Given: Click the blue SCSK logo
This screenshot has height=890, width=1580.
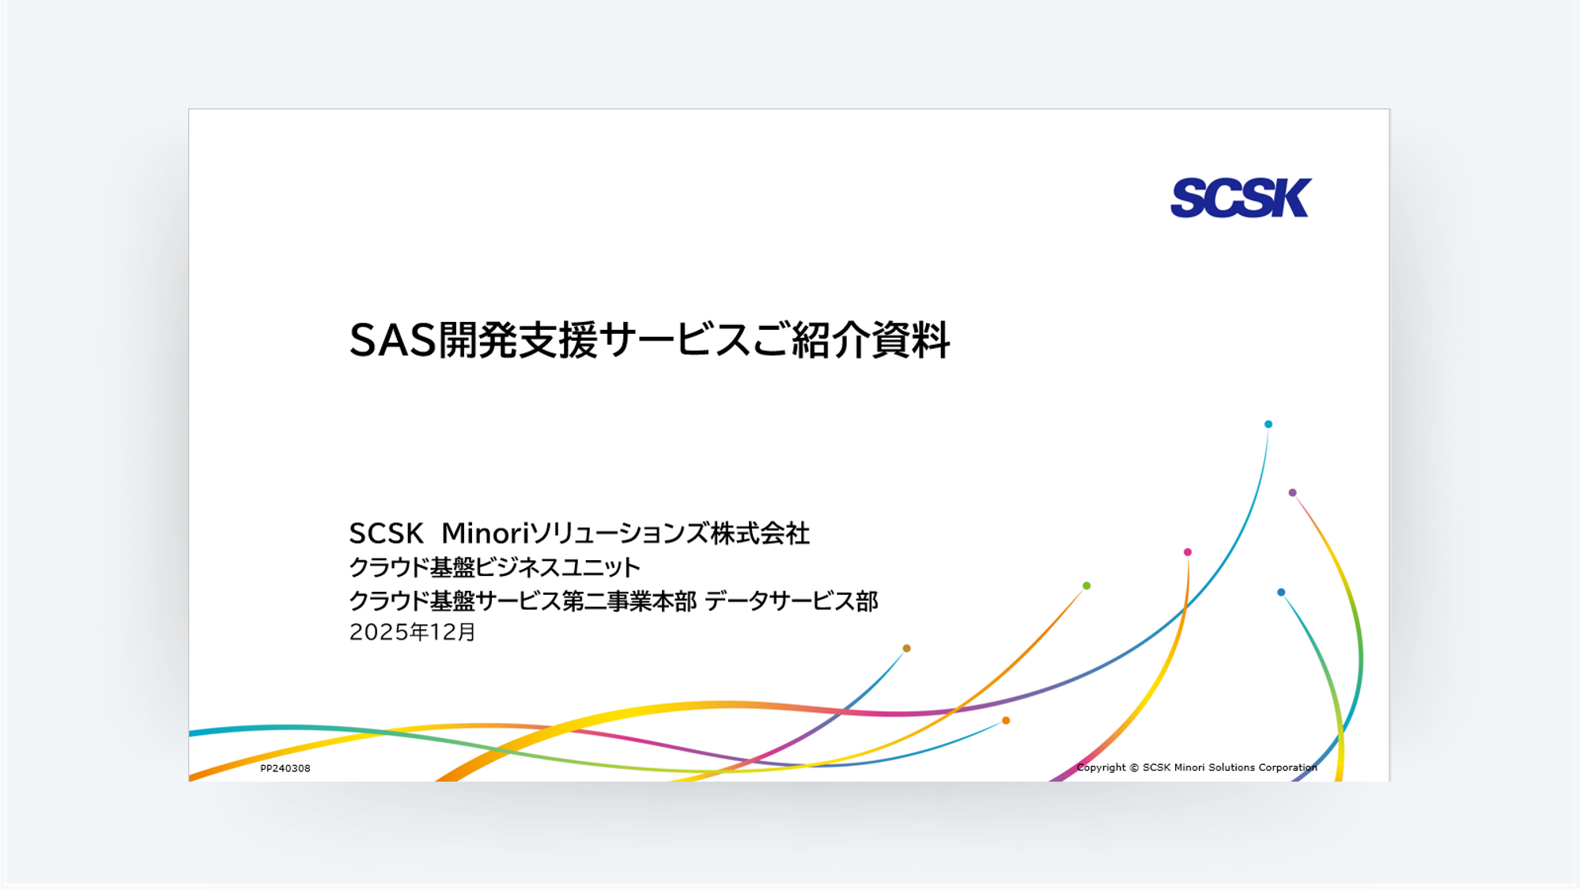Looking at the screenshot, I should click(x=1240, y=198).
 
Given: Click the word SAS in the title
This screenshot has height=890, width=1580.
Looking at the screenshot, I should click(x=393, y=341).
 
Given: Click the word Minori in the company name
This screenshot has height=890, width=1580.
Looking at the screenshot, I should click(x=484, y=534).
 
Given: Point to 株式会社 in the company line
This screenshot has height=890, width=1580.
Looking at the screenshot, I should click(x=760, y=534).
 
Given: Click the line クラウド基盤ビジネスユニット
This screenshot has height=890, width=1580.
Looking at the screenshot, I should click(x=494, y=567).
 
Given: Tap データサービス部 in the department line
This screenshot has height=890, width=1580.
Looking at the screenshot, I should click(x=791, y=601).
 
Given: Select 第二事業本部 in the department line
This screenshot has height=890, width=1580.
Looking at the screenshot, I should click(x=629, y=601).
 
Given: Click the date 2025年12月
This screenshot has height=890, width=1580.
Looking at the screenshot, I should click(x=412, y=632).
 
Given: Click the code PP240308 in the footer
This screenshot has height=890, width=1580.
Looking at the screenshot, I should click(x=285, y=768).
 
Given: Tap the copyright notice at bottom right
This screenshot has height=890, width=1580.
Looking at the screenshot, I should click(x=1196, y=767).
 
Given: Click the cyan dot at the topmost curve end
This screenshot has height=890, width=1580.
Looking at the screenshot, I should click(x=1268, y=424).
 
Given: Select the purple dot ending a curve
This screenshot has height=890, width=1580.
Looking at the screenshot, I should click(x=1292, y=493).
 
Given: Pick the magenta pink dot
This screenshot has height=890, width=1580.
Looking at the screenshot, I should click(x=1188, y=552).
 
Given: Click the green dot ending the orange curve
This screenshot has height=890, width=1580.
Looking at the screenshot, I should click(x=1087, y=586).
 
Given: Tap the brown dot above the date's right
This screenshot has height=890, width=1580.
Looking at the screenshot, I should click(x=907, y=649).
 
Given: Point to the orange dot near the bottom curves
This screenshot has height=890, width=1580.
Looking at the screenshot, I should click(x=1006, y=721).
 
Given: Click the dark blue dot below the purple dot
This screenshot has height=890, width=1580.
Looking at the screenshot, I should click(x=1281, y=593).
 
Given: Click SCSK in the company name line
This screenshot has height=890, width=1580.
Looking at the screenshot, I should click(x=386, y=534).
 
